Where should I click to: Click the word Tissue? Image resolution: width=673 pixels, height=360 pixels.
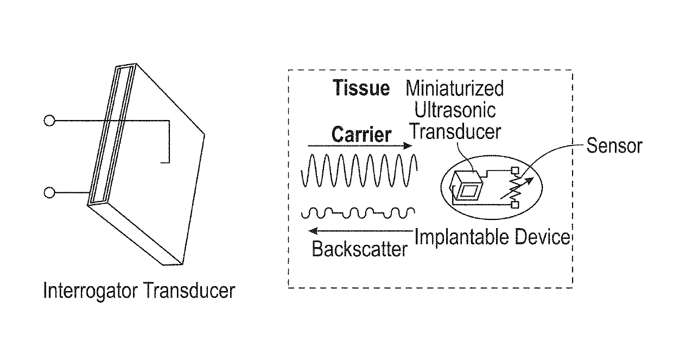[361, 89]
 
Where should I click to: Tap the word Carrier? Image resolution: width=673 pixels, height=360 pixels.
[361, 134]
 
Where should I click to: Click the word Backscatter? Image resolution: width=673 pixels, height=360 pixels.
[359, 249]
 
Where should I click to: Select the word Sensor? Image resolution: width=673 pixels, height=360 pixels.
[613, 146]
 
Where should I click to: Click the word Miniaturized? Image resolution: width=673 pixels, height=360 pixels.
[455, 88]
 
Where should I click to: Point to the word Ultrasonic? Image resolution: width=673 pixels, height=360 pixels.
[455, 110]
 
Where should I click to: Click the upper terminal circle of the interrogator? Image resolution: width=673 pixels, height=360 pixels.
[49, 121]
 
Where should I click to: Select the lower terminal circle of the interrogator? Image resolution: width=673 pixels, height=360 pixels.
[49, 193]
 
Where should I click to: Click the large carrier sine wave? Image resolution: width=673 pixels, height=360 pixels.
[359, 170]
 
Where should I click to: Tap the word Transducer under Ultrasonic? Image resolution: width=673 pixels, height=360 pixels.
[455, 132]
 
